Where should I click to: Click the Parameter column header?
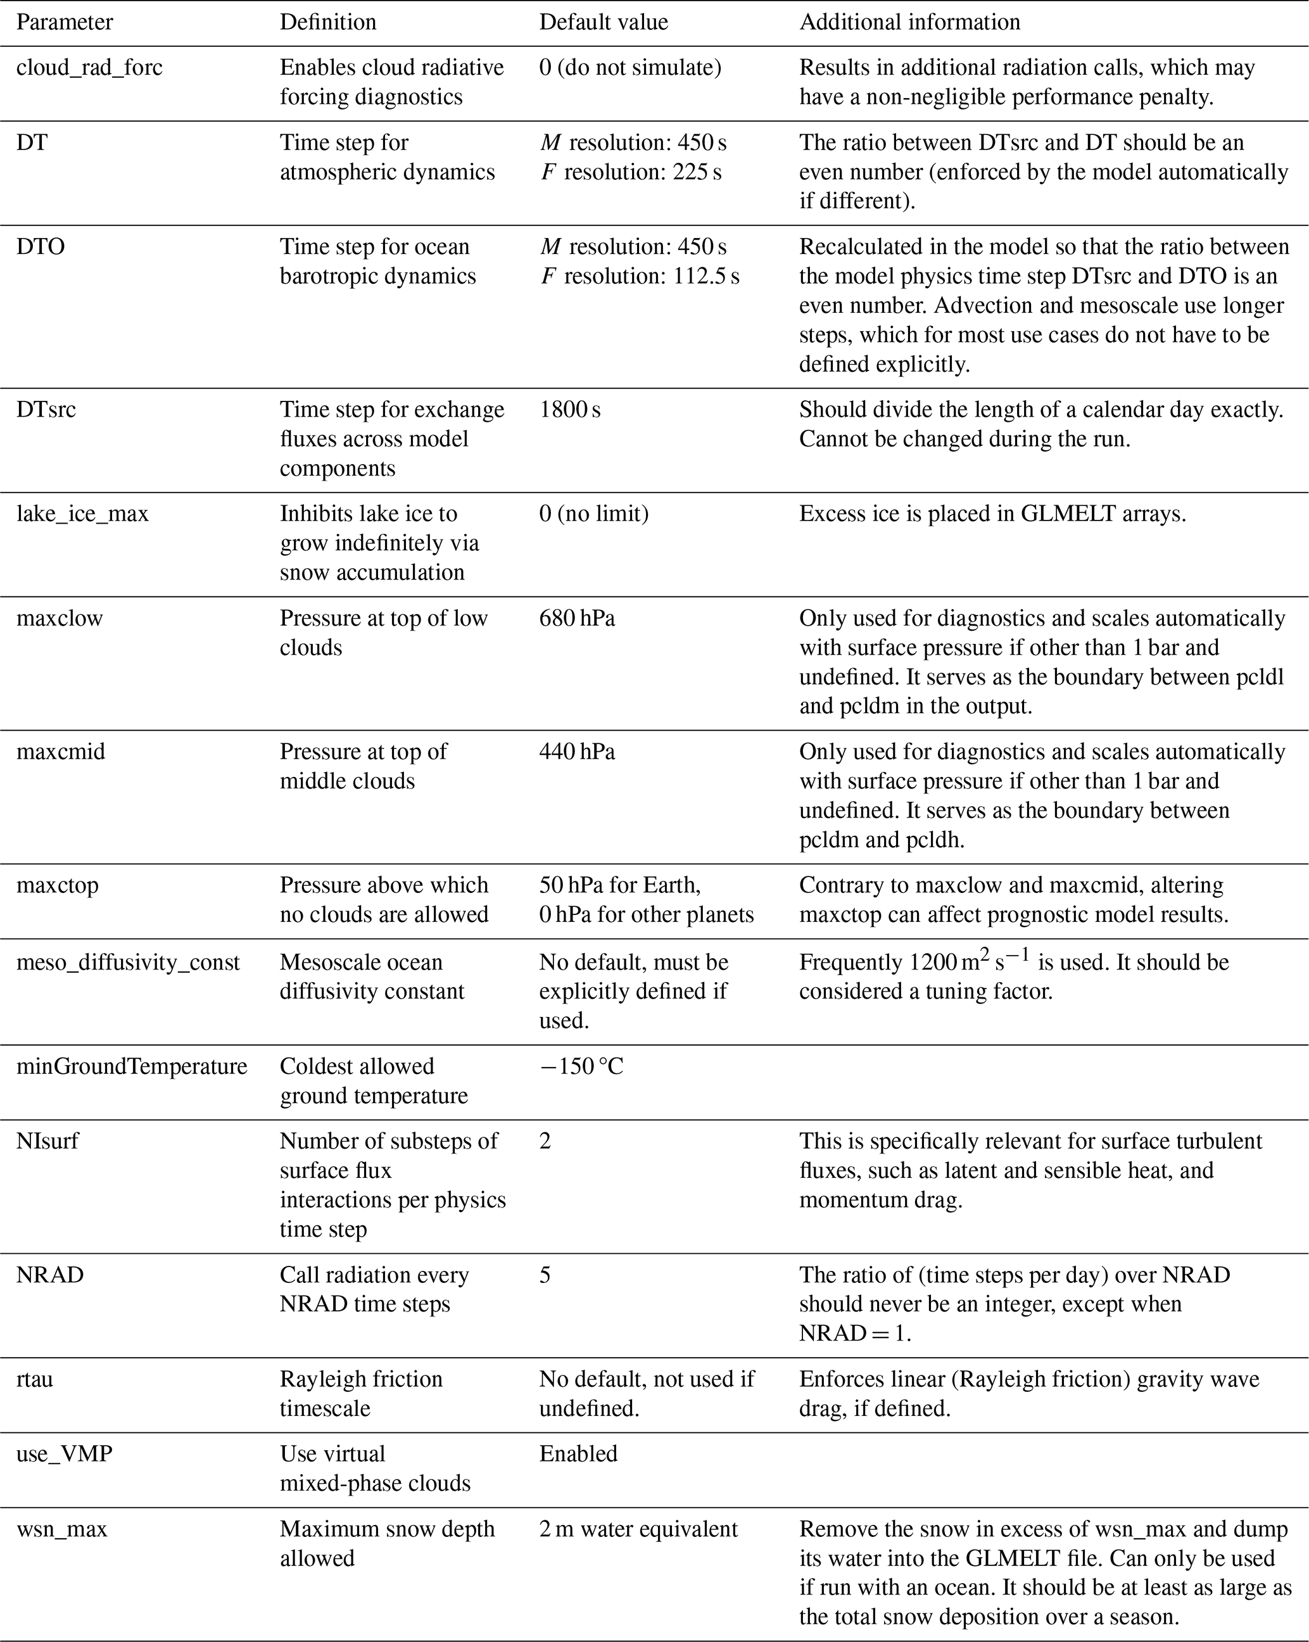pos(64,22)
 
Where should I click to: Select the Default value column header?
pos(603,22)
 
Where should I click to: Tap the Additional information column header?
pos(909,22)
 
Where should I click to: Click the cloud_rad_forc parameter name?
pos(89,68)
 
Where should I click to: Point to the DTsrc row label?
pos(46,410)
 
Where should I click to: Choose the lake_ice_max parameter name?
pos(82,514)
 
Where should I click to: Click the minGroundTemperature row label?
pos(132,1066)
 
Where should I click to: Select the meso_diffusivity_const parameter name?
pos(128,963)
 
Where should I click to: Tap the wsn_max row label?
pos(61,1529)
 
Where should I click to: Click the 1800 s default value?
pos(569,410)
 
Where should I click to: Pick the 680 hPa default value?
pos(576,619)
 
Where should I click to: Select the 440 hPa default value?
pos(576,752)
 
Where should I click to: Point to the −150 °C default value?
pos(581,1066)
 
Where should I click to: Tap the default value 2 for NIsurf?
pos(545,1141)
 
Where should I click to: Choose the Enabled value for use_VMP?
pos(578,1454)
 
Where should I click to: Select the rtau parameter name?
pos(34,1379)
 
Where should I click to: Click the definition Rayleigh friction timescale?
pos(360,1394)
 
